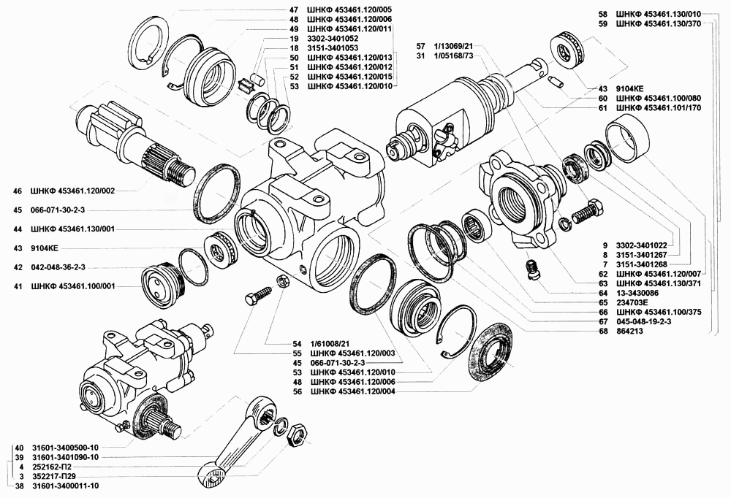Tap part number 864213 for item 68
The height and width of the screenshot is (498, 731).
pyautogui.click(x=632, y=330)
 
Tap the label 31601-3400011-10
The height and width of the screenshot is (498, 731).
pyautogui.click(x=66, y=486)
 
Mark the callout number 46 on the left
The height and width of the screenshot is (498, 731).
pyautogui.click(x=18, y=191)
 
